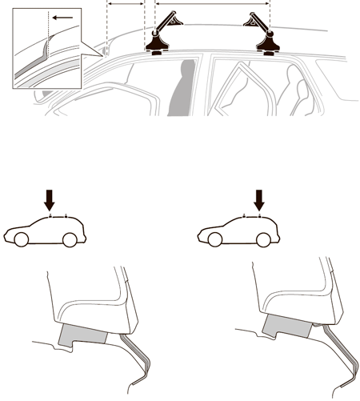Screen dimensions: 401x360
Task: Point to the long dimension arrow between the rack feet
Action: pyautogui.click(x=212, y=4)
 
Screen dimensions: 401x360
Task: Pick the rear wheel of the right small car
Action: pyautogui.click(x=263, y=239)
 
